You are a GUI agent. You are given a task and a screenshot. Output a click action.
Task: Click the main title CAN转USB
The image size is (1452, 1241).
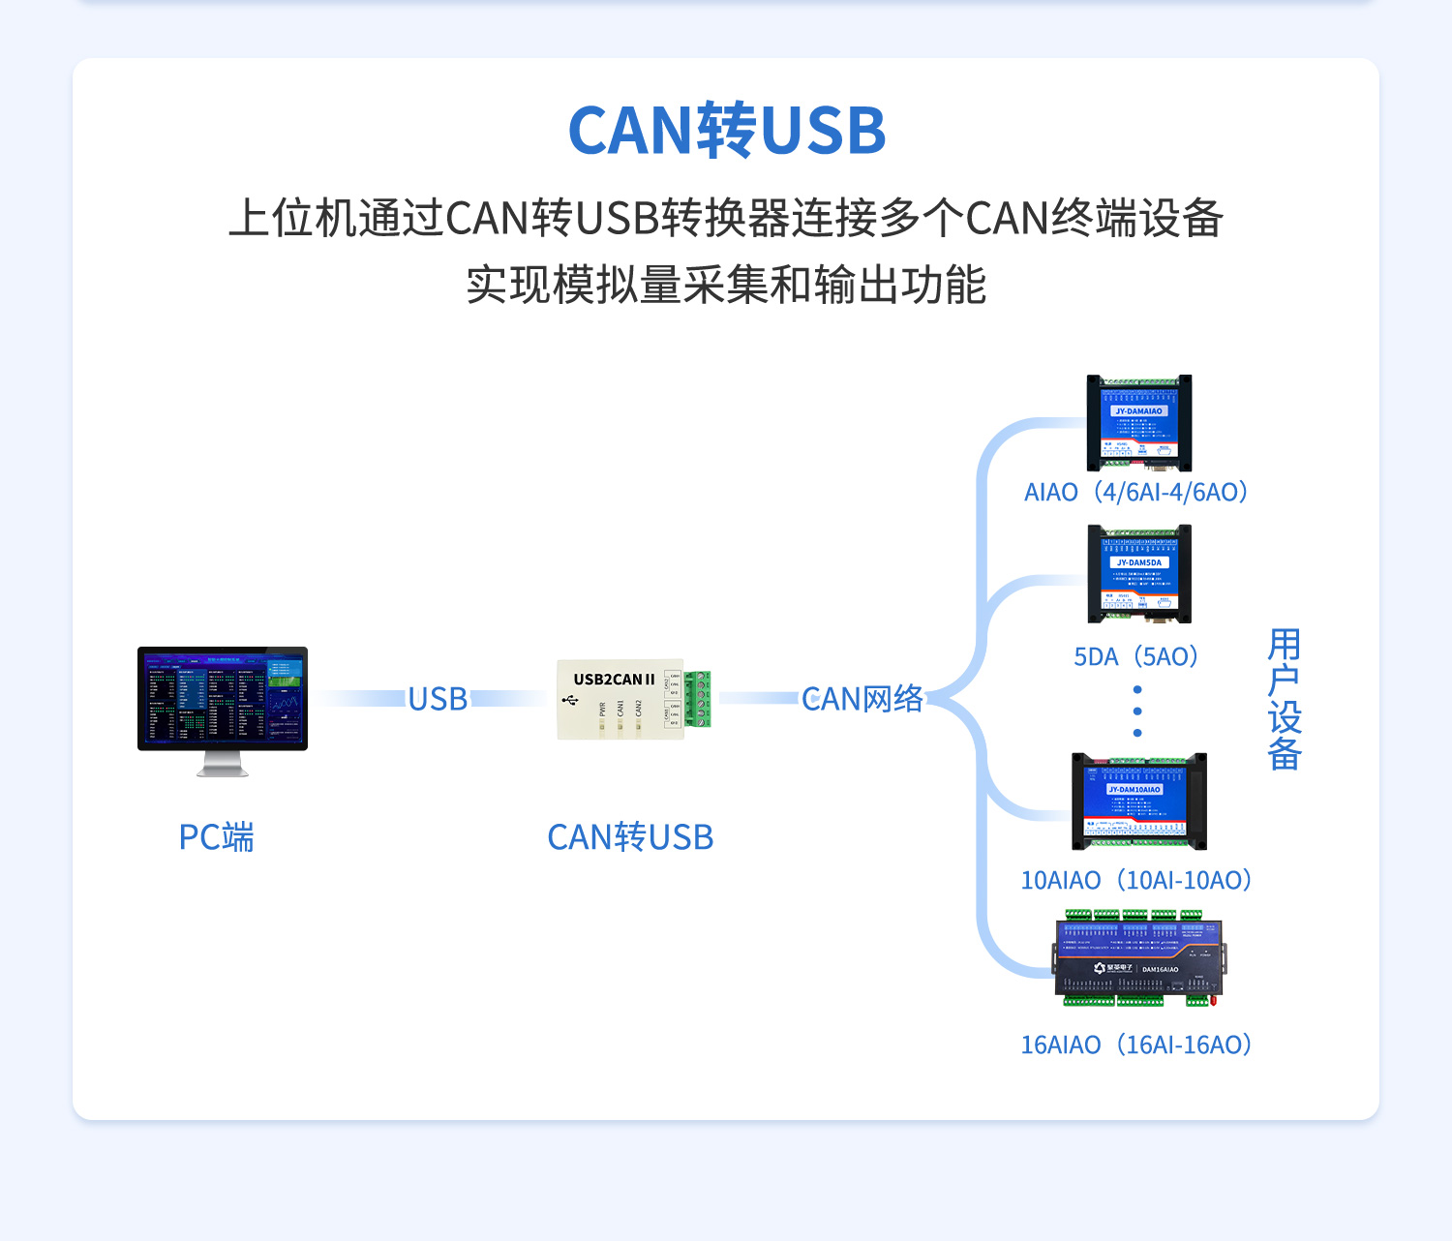point(726,131)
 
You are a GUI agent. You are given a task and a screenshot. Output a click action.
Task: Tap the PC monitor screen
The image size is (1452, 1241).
point(223,697)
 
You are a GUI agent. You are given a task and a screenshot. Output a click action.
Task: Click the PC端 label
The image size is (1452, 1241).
point(216,837)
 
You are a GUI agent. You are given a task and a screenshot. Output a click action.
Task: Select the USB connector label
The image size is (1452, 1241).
point(438,699)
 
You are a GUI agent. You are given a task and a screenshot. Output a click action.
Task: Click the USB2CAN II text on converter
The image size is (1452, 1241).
point(614,680)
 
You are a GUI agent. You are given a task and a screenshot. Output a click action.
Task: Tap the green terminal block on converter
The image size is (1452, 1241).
point(698,699)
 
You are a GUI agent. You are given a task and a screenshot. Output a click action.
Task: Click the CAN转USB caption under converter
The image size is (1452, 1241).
point(630,837)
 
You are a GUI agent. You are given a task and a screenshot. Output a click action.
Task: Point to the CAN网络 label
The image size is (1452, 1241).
point(862,699)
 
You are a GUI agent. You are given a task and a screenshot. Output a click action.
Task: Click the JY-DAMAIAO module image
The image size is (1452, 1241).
point(1139,423)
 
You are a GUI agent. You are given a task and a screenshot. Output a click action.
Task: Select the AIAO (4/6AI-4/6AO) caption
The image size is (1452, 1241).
point(1136,493)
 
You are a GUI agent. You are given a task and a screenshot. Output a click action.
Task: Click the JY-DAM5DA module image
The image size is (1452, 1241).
point(1139,574)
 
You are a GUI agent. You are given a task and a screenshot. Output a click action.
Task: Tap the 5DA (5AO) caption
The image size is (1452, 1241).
point(1136,657)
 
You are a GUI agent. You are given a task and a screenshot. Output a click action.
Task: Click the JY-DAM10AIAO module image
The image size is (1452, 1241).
point(1139,802)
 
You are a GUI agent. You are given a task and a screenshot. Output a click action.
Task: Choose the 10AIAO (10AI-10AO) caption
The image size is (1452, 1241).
point(1136,881)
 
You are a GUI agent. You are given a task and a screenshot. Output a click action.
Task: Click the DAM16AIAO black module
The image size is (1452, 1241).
point(1139,958)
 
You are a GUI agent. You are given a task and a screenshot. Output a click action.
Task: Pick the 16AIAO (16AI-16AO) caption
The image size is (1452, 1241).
point(1136,1045)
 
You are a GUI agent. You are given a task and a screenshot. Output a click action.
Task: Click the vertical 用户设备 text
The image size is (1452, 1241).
point(1285,699)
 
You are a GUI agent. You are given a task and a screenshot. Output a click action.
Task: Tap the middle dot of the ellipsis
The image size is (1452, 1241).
point(1137,711)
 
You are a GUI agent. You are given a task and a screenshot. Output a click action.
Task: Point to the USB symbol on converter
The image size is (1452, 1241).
point(570,699)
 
